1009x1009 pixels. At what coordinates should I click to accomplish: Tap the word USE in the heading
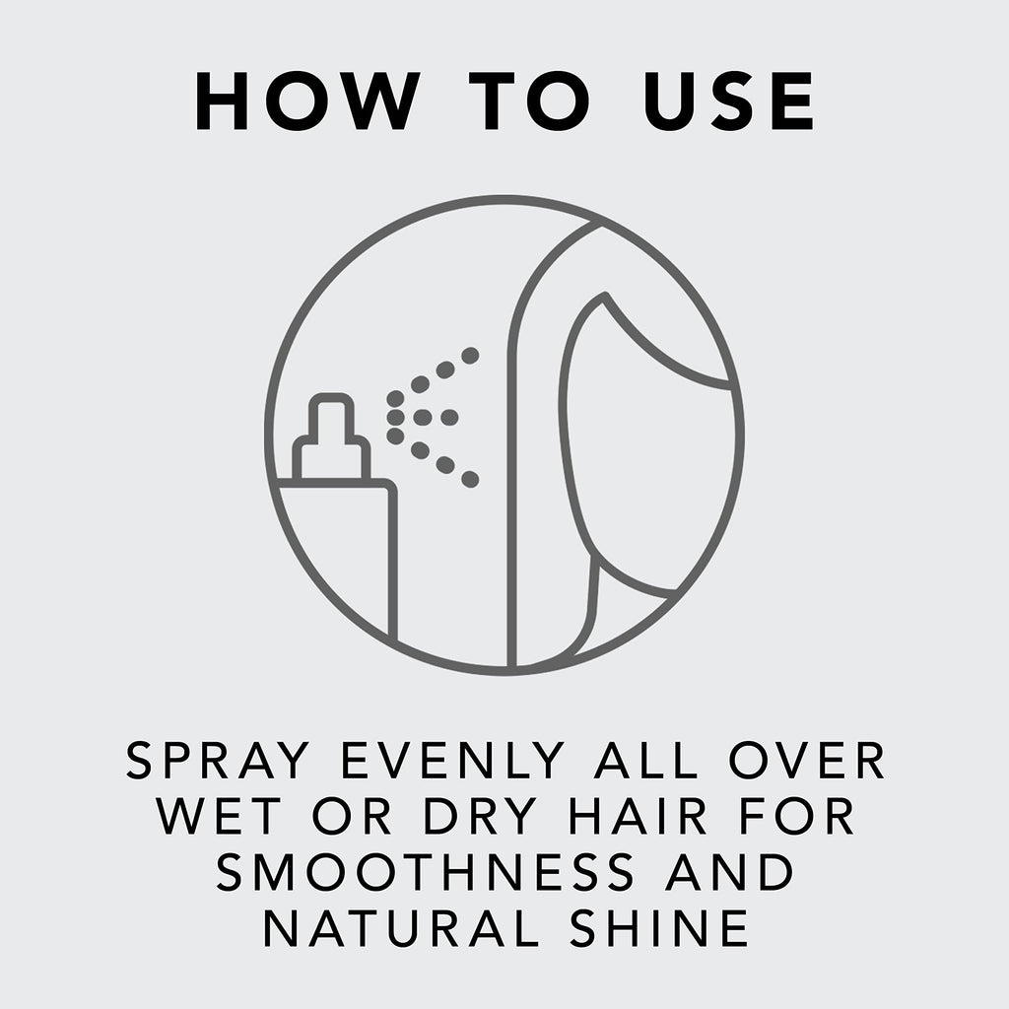tap(729, 101)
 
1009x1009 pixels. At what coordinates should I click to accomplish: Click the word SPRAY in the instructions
tap(218, 761)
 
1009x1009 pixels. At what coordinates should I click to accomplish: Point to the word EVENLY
tap(452, 761)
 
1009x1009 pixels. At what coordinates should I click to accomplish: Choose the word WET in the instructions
tap(219, 817)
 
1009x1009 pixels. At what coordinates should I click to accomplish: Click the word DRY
tap(480, 817)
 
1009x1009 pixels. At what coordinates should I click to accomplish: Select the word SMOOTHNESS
tap(426, 873)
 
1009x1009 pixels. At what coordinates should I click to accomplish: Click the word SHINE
tap(659, 928)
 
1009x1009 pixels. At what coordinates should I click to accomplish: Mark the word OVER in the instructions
tap(807, 761)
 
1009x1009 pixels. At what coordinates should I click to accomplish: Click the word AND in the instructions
tap(729, 873)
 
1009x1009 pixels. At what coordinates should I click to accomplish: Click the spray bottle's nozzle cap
tap(331, 437)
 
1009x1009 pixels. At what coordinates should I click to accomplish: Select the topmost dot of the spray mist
tap(470, 355)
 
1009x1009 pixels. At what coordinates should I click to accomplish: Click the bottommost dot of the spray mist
tap(470, 479)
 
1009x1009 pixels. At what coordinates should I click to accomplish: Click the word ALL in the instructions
tap(646, 761)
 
